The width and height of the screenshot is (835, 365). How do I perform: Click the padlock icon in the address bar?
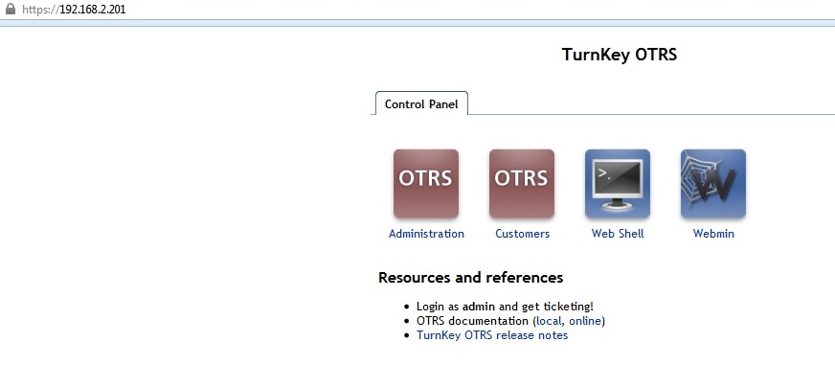click(11, 9)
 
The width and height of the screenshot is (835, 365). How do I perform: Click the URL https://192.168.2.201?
click(74, 9)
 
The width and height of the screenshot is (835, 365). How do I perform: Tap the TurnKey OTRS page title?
click(620, 55)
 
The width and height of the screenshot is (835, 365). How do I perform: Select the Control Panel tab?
click(421, 103)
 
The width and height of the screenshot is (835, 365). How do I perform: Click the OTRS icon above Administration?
click(426, 184)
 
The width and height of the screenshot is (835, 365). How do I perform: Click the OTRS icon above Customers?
click(522, 184)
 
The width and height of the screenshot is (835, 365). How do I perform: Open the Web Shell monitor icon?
click(618, 184)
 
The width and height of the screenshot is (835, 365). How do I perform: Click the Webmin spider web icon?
click(713, 184)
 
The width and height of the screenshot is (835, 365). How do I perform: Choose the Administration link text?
click(426, 234)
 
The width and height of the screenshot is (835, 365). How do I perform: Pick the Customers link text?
click(523, 234)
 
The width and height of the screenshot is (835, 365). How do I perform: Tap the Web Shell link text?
click(618, 234)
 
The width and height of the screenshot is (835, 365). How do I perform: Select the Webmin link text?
click(713, 234)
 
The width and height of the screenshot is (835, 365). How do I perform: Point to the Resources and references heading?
click(471, 278)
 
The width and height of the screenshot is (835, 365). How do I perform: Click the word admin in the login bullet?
click(479, 307)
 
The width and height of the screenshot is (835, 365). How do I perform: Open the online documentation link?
click(585, 321)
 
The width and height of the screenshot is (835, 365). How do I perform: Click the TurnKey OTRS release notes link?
click(492, 335)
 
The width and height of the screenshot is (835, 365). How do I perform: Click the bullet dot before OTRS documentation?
click(407, 321)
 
